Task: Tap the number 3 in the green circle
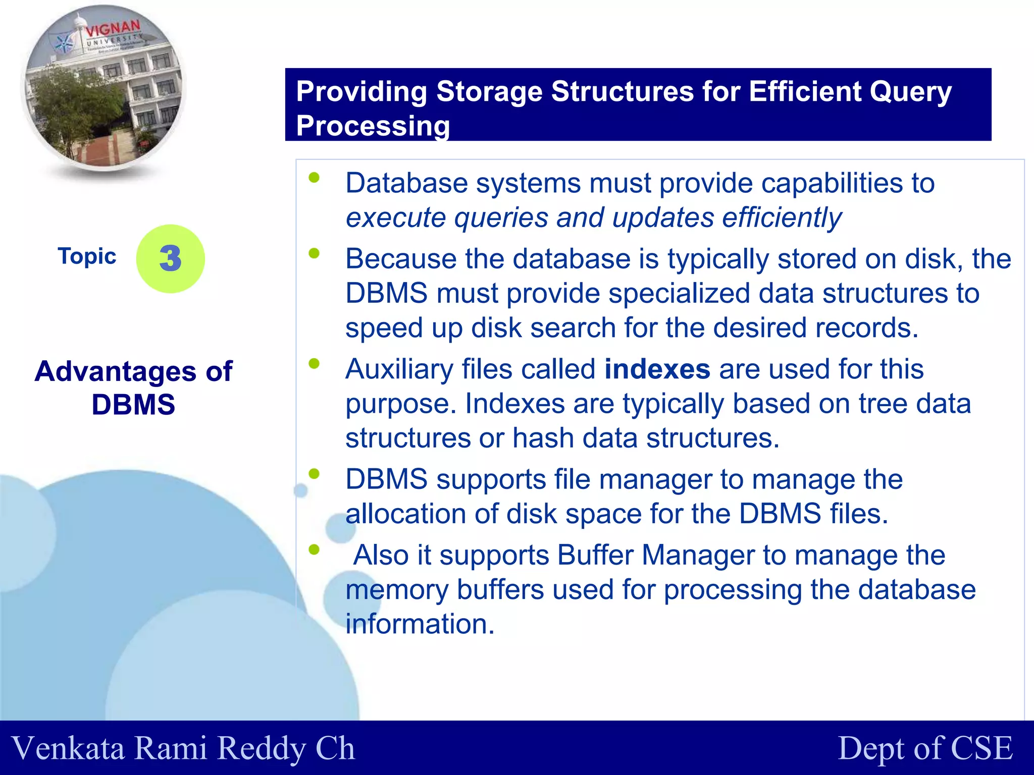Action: click(170, 258)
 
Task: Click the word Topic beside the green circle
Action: click(87, 256)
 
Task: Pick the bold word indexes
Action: click(657, 369)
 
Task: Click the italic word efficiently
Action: click(782, 218)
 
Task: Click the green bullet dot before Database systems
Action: click(314, 177)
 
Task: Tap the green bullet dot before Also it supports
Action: click(314, 549)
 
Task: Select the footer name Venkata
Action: click(68, 748)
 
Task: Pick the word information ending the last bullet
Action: click(420, 624)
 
